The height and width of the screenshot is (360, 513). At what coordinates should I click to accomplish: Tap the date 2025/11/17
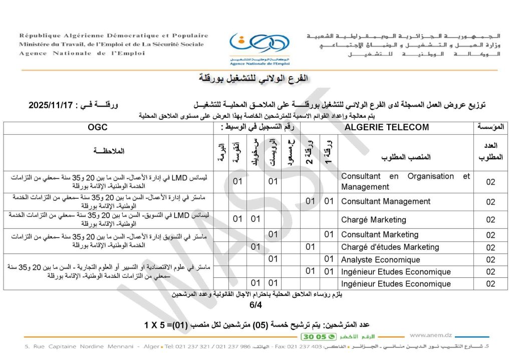(x=51, y=106)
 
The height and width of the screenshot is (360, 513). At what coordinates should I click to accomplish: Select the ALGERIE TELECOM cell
(x=387, y=127)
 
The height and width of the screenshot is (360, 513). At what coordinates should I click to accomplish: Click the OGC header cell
(x=97, y=127)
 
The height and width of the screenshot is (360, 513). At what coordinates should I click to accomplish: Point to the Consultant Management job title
(x=385, y=201)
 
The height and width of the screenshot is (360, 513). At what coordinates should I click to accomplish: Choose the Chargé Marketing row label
(x=373, y=219)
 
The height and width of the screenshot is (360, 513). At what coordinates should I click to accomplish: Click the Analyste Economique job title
(x=380, y=259)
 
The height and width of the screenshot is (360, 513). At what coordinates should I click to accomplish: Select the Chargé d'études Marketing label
(x=390, y=246)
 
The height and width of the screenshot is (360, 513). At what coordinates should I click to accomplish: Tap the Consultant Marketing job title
(x=379, y=234)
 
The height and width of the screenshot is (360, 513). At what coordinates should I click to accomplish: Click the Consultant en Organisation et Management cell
(x=405, y=181)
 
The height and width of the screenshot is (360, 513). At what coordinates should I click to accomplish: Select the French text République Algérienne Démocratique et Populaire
(x=114, y=36)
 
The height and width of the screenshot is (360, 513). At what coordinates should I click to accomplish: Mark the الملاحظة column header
(x=109, y=151)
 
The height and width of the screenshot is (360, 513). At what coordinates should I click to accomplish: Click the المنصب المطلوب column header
(x=406, y=157)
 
